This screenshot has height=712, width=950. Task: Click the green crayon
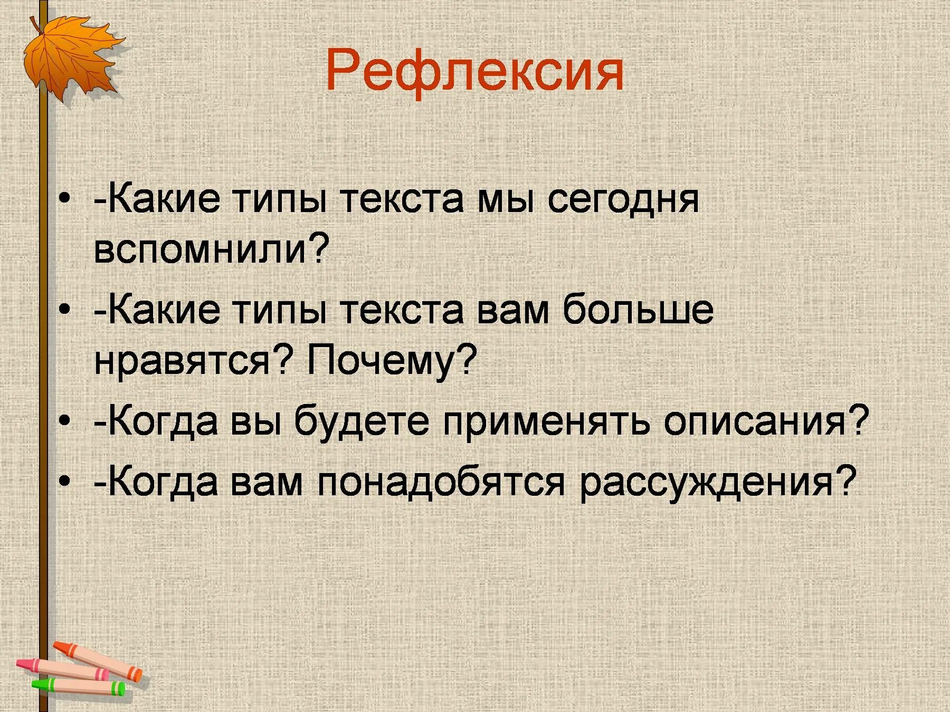79,686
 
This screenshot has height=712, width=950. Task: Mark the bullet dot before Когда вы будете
64,422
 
